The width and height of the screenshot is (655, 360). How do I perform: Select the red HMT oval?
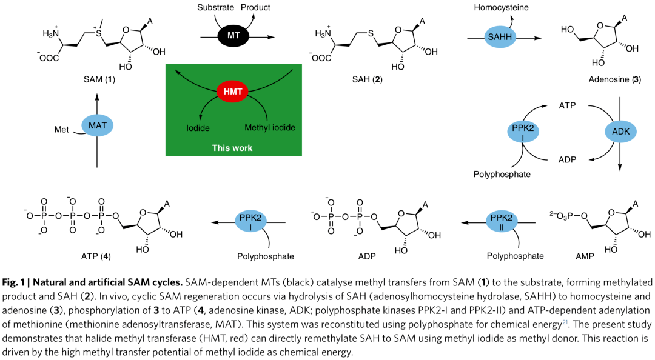point(233,92)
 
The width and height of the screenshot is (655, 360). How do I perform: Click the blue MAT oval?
point(98,125)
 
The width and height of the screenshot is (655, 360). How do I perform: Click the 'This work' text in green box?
point(232,147)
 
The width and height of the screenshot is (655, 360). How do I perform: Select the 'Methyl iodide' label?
point(269,128)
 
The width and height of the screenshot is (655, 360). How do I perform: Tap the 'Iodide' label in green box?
point(198,128)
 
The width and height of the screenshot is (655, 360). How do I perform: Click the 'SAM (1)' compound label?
point(98,79)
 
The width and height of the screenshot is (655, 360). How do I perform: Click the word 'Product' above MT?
point(255,8)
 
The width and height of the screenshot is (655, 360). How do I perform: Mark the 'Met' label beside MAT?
point(61,128)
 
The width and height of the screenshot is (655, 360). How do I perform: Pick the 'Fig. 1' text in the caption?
point(14,283)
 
